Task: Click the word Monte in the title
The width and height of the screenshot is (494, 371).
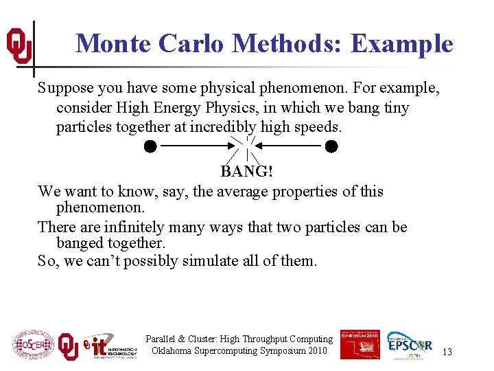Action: (x=113, y=44)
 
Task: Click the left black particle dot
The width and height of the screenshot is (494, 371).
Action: (x=150, y=146)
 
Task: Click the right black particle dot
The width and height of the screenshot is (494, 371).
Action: (x=331, y=146)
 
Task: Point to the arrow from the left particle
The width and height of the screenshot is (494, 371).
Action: (x=195, y=146)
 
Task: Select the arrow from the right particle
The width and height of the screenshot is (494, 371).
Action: (x=290, y=146)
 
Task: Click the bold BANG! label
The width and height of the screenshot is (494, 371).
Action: (x=246, y=172)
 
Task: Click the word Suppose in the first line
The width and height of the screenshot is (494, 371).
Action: (x=63, y=89)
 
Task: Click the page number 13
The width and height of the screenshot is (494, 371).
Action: (x=447, y=352)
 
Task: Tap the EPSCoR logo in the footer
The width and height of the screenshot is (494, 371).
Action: (x=410, y=344)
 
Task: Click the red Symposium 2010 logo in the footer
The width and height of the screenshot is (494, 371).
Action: (x=360, y=344)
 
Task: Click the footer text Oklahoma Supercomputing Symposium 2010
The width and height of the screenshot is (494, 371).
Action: (x=239, y=351)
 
